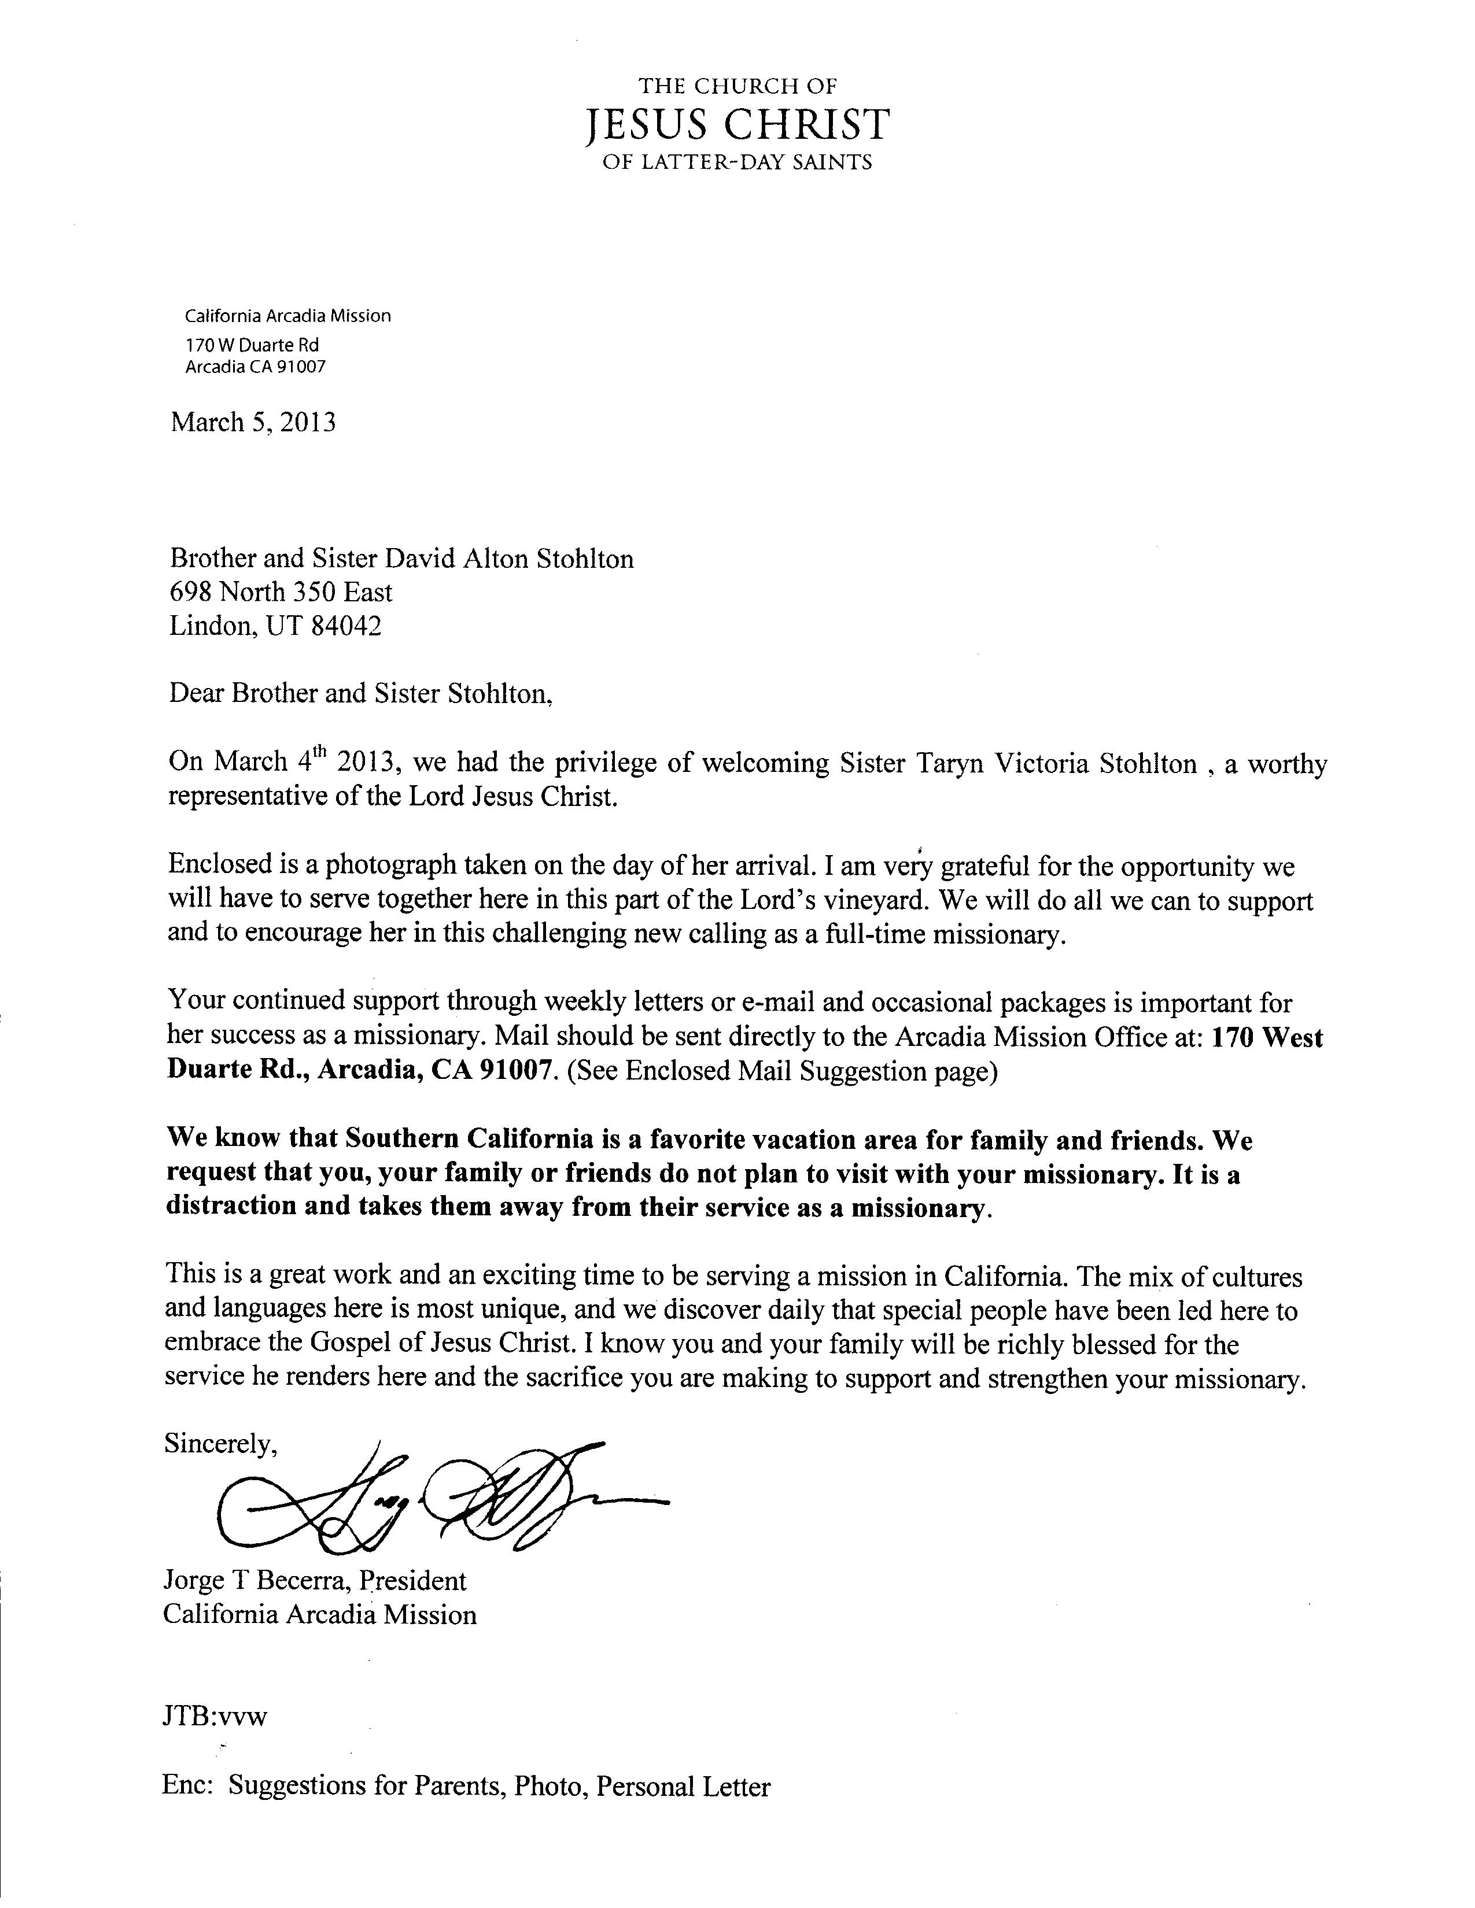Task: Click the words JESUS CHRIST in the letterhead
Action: click(736, 125)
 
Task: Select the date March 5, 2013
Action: click(253, 423)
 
